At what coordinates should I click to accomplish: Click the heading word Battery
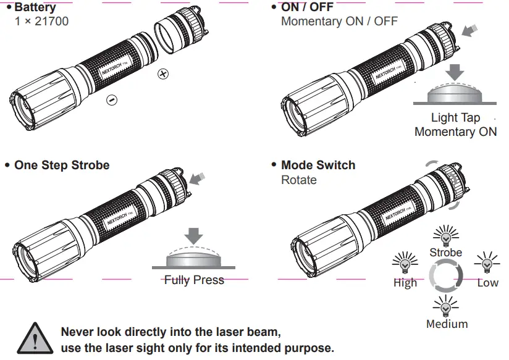click(35, 8)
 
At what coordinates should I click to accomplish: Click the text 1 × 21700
click(41, 22)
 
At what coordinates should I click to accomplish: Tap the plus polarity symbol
click(163, 74)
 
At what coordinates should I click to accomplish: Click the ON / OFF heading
click(308, 8)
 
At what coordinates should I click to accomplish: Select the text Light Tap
click(455, 118)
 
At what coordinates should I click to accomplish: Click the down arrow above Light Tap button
click(456, 71)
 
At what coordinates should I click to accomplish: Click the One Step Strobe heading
click(62, 165)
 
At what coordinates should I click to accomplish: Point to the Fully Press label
click(194, 280)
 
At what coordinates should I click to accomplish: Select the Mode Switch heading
click(318, 165)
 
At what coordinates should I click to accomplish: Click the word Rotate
click(299, 180)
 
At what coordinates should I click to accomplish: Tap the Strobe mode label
click(445, 253)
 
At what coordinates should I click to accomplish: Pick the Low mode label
click(487, 283)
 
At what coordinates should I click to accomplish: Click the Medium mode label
click(447, 324)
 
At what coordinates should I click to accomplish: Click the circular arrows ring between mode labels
click(446, 276)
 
